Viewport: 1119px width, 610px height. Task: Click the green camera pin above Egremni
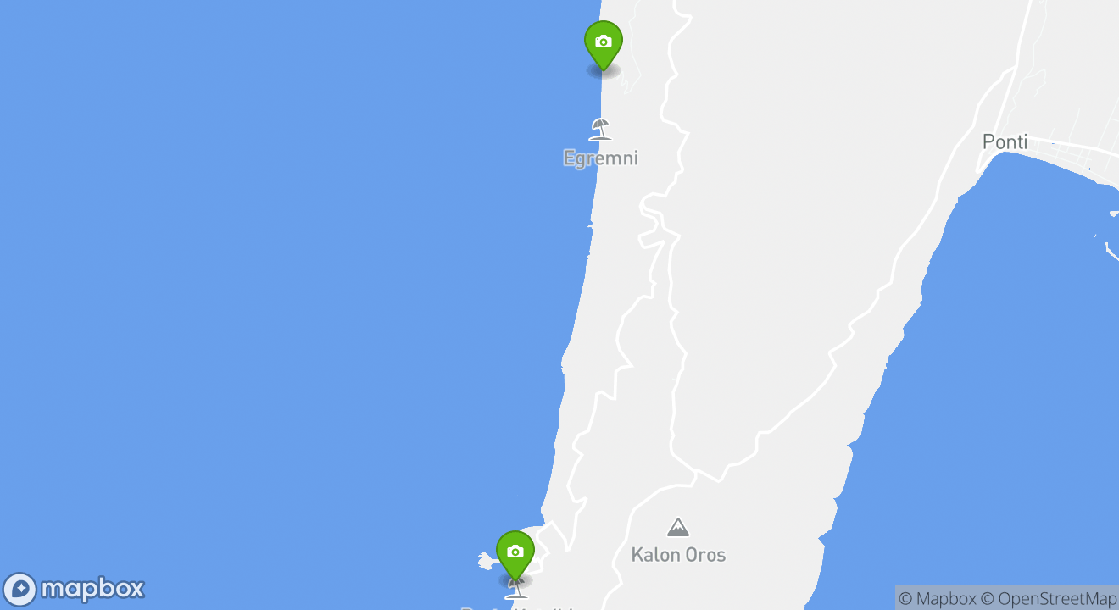point(603,43)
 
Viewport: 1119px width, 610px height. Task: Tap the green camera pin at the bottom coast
point(515,553)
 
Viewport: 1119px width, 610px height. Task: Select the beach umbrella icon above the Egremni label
point(600,129)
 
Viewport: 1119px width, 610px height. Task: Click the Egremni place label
point(600,158)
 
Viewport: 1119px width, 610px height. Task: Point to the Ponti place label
point(1005,142)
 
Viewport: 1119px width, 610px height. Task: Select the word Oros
point(704,555)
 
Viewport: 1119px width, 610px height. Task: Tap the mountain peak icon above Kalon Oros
point(677,528)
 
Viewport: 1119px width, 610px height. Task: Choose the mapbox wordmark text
point(92,589)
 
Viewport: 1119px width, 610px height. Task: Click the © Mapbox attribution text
point(937,598)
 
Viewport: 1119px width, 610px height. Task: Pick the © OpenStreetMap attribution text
point(1049,598)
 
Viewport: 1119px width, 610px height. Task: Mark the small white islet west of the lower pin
point(486,560)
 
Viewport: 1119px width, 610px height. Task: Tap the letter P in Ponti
point(988,142)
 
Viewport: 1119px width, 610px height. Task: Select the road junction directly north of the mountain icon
point(695,472)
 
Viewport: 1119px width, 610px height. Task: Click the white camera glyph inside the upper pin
point(603,42)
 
